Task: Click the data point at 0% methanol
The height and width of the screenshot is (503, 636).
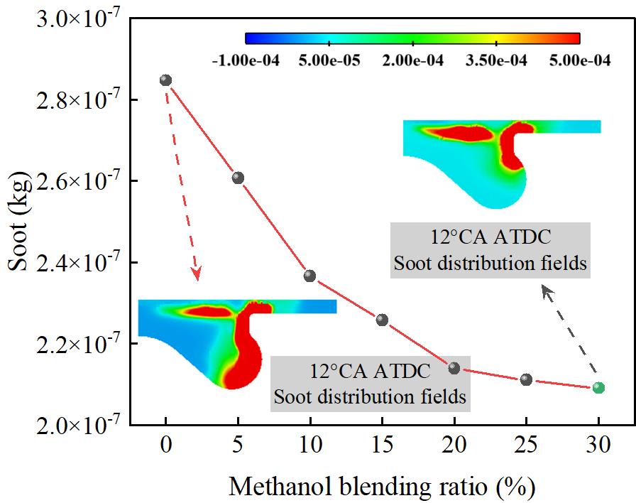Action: tap(166, 80)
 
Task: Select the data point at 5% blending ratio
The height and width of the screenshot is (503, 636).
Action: tap(238, 178)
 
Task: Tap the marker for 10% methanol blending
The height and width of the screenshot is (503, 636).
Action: tap(309, 276)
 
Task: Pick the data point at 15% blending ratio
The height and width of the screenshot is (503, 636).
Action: tap(382, 320)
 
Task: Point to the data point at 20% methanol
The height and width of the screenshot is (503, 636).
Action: tap(454, 368)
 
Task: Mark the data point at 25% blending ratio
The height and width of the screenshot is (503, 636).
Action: tap(526, 379)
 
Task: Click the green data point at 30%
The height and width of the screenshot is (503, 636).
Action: tap(598, 387)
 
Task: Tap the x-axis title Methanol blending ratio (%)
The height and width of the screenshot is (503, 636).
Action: tap(382, 487)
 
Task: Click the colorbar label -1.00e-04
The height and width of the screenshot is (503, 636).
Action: tap(246, 61)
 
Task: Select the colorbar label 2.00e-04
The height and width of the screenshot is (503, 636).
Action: tap(412, 61)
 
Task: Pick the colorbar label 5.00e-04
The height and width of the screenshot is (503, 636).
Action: tap(579, 61)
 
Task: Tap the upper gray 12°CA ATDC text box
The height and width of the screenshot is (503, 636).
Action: tap(490, 249)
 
